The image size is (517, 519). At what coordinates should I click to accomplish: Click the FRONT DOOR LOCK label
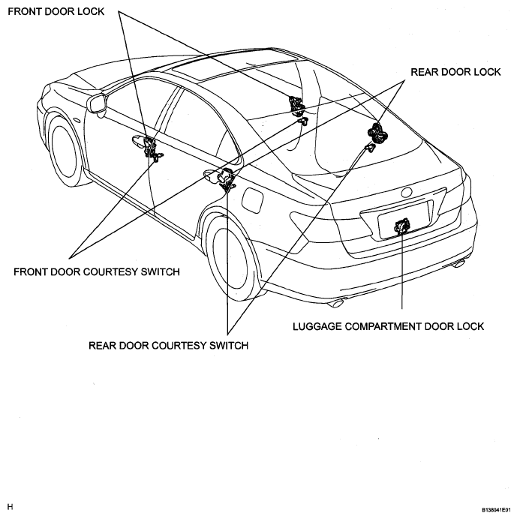click(x=56, y=11)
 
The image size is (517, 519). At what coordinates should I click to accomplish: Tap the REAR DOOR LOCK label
click(x=455, y=72)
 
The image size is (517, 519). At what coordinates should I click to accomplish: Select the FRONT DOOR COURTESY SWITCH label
click(x=97, y=271)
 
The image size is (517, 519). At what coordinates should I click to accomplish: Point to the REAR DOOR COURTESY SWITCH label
click(x=169, y=346)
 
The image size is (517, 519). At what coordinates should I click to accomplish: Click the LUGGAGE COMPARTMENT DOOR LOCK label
click(x=389, y=326)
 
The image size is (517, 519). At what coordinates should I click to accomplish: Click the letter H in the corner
click(x=11, y=507)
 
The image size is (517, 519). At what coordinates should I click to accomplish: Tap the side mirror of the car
click(x=97, y=103)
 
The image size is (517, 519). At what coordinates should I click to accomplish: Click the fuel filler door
click(x=253, y=200)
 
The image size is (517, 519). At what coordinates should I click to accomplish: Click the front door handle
click(x=138, y=140)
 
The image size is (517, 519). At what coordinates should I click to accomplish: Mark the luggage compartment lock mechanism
click(x=402, y=227)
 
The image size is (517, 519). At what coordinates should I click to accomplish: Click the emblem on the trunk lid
click(x=407, y=192)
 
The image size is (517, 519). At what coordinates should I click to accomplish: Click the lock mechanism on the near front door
click(x=152, y=148)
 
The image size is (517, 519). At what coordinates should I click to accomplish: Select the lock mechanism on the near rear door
click(x=227, y=179)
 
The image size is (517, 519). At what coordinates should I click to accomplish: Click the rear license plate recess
click(x=404, y=220)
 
